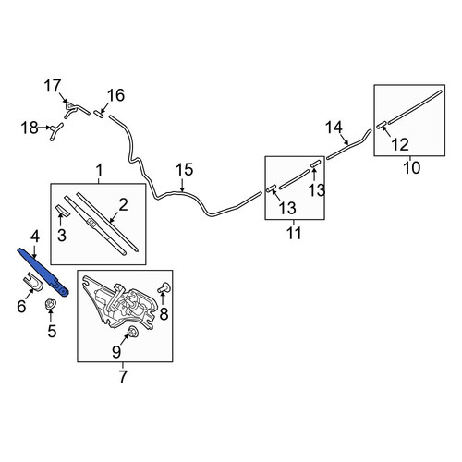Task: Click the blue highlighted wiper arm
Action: click(x=43, y=272)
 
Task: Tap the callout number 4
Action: click(x=35, y=237)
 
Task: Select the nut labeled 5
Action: click(x=49, y=304)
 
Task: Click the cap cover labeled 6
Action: click(x=33, y=282)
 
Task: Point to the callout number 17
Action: click(x=53, y=86)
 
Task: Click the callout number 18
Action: click(x=30, y=128)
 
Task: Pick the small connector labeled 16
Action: click(x=99, y=114)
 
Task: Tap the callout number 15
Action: click(x=184, y=170)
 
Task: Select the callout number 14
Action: click(x=334, y=128)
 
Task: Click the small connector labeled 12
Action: click(x=382, y=125)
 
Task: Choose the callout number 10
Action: click(x=411, y=168)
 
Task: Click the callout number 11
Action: click(x=294, y=233)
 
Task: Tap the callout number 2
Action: click(x=123, y=205)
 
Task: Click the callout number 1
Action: click(x=99, y=170)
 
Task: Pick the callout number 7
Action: click(x=123, y=376)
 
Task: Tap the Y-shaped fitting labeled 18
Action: click(x=55, y=131)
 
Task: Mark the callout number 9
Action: click(x=116, y=352)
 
